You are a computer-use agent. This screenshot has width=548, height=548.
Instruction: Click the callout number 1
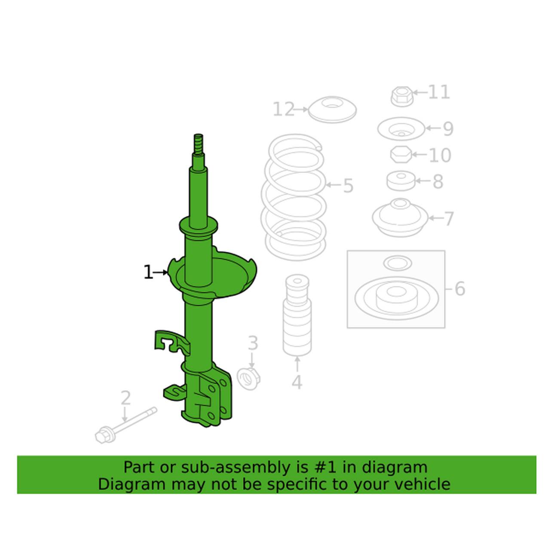point(148,272)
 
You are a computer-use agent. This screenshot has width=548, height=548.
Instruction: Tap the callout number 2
point(125,399)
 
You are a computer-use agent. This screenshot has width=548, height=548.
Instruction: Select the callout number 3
point(253,343)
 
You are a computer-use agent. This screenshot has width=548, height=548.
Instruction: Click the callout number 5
point(348,186)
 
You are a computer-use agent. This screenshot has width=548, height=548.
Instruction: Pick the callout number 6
point(459,289)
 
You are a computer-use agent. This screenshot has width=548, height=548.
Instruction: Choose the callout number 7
point(448,219)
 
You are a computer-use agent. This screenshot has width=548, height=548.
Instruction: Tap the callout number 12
point(284,110)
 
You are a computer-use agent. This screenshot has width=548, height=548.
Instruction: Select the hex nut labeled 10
point(401,154)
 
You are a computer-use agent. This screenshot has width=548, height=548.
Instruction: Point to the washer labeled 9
point(401,129)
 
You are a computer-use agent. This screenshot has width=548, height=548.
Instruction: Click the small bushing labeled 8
point(401,181)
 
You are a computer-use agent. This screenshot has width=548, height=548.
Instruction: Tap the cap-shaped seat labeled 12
point(333,109)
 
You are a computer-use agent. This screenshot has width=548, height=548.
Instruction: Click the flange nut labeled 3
point(247,379)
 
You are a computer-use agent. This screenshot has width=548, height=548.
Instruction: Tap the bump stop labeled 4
point(297,316)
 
